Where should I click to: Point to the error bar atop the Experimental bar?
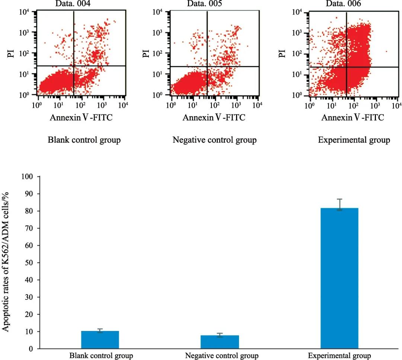coord(339,204)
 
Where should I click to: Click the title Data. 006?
coord(343,4)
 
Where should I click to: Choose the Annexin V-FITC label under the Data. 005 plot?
coord(214,118)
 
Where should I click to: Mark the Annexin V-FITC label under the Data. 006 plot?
coord(352,118)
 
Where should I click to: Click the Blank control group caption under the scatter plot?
coord(84,140)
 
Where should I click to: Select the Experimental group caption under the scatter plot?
coord(354,140)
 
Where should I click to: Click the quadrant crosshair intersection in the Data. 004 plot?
coord(74,66)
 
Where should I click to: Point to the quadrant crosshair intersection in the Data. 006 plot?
coord(347,67)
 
